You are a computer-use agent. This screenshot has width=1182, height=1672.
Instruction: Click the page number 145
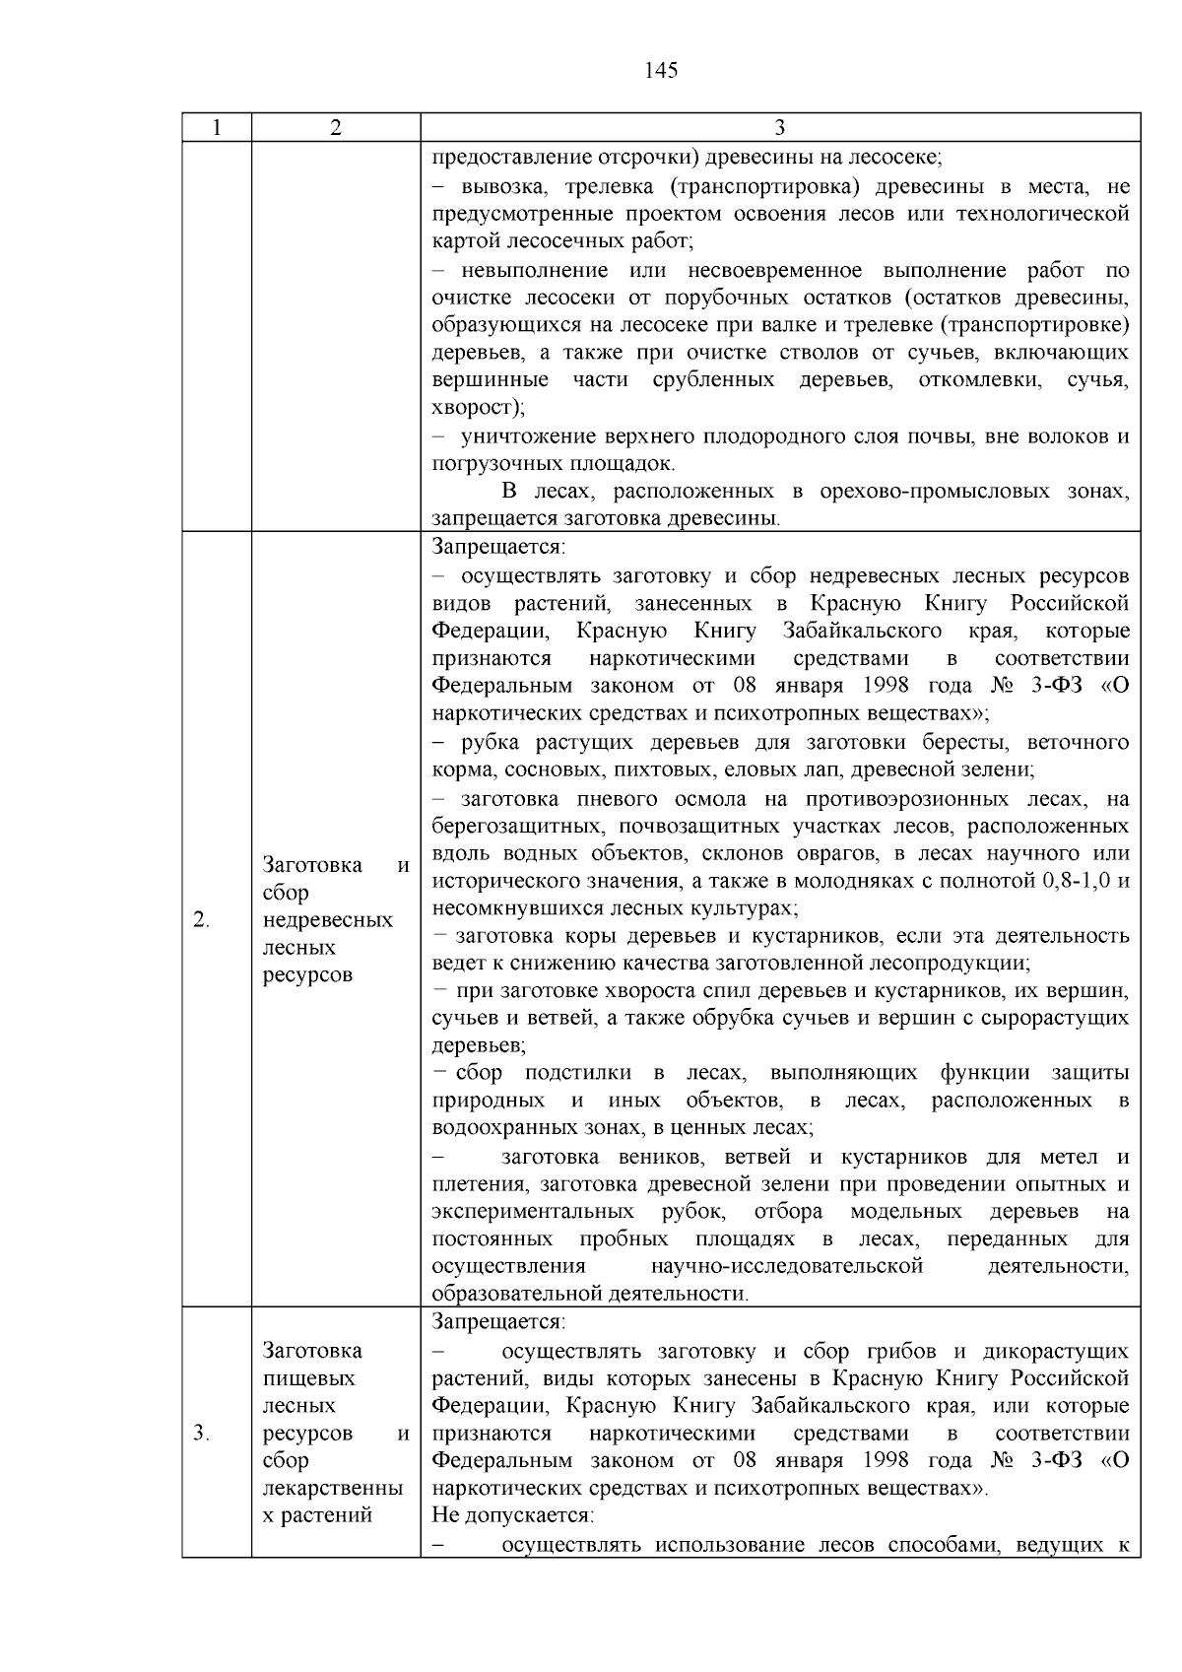661,70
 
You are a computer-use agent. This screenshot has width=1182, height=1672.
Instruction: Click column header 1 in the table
217,128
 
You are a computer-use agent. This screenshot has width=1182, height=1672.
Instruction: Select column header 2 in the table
336,128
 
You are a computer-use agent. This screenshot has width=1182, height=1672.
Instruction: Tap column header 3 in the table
779,128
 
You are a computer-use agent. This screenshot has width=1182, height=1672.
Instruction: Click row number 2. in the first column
201,920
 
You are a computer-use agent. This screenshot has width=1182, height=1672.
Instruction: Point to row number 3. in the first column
201,1433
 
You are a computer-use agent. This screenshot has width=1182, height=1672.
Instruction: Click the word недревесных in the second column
328,920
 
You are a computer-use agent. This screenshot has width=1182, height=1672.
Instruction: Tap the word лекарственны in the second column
333,1488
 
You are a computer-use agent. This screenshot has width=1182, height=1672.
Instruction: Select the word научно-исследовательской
787,1266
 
